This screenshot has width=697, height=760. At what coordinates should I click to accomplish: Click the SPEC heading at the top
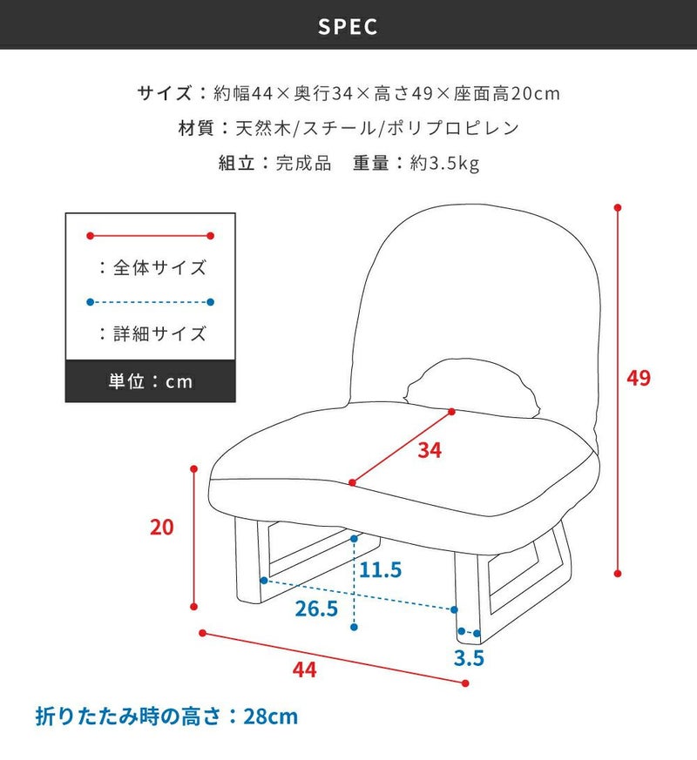click(348, 27)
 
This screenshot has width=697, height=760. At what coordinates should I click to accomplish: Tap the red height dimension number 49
click(639, 378)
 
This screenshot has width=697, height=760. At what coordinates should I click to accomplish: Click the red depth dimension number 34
click(430, 450)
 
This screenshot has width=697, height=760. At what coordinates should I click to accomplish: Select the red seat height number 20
click(161, 527)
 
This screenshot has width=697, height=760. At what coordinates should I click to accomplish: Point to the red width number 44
click(304, 669)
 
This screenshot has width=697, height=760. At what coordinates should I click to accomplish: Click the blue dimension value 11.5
click(380, 569)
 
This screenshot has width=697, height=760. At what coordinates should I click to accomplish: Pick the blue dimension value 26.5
click(316, 609)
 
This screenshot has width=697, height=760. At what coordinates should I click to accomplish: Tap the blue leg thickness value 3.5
click(469, 658)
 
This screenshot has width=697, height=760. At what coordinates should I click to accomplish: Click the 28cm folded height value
click(271, 716)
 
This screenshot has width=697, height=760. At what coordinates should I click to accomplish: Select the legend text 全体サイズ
click(159, 267)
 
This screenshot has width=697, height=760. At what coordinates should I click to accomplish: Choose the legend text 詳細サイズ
click(159, 334)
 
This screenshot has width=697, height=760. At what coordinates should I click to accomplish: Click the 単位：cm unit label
click(151, 381)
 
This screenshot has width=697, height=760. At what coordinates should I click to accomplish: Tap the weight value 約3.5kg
click(444, 163)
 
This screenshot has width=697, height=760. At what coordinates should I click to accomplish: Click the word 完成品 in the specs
click(303, 163)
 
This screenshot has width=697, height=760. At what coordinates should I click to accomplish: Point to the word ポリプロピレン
click(453, 128)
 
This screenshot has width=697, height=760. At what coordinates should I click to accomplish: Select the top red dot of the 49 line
click(618, 207)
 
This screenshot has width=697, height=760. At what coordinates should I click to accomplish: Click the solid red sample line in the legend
click(151, 236)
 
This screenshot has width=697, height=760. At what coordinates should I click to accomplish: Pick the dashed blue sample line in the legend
click(151, 302)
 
